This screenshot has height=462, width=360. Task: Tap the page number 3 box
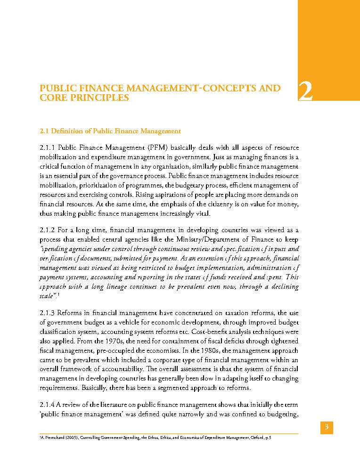(x=327, y=428)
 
